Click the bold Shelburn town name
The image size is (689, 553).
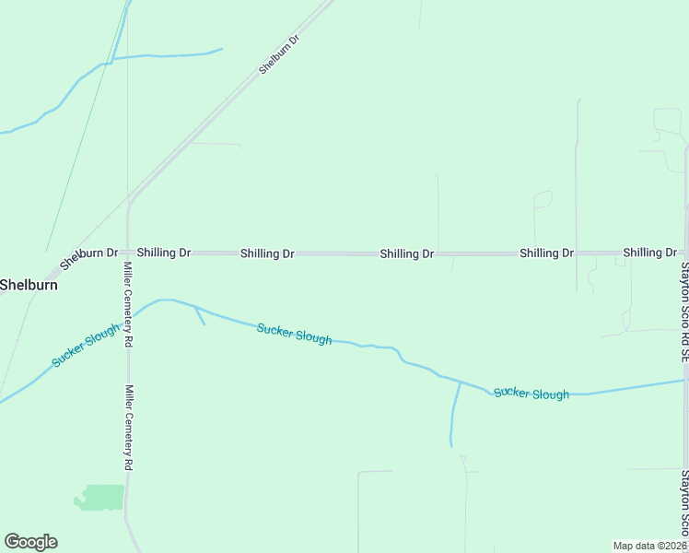tap(29, 285)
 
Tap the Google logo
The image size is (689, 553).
tap(30, 542)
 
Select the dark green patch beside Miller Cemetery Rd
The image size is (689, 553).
tap(100, 497)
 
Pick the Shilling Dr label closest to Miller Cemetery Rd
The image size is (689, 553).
tap(164, 252)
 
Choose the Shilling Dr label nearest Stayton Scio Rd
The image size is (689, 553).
tap(649, 252)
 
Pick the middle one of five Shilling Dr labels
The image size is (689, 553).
tap(406, 253)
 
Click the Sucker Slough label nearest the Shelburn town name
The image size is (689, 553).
tap(87, 345)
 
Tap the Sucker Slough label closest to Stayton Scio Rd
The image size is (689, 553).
tap(531, 394)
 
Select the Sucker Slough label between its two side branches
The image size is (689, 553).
tap(294, 333)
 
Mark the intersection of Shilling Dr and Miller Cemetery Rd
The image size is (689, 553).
tap(128, 252)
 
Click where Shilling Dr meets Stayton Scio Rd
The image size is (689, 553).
tap(686, 252)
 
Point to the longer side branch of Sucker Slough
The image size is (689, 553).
tap(454, 415)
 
